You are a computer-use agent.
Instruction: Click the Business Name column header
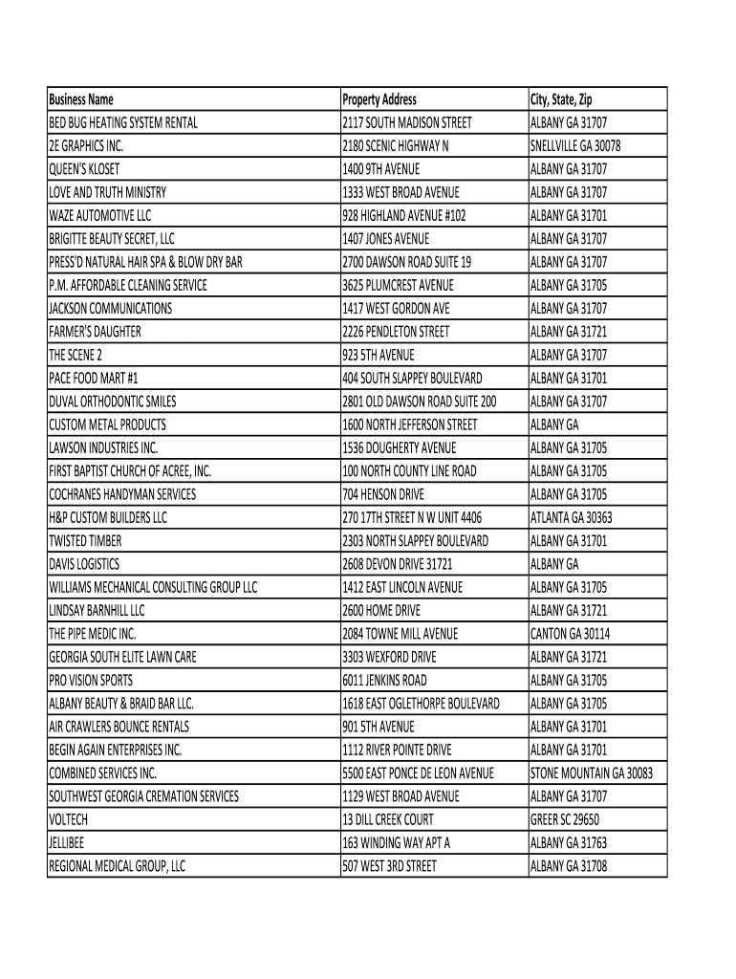point(81,99)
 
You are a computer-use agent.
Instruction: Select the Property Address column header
point(379,99)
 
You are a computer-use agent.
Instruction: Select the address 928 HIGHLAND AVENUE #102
point(404,216)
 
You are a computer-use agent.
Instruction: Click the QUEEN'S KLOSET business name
point(84,169)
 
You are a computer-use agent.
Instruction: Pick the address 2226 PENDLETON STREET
point(396,332)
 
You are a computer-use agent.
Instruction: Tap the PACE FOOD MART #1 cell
point(94,379)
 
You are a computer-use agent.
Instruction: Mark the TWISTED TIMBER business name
point(84,541)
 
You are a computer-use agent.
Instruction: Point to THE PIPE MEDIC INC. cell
point(93,634)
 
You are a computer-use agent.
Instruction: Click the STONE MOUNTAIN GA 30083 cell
point(592,773)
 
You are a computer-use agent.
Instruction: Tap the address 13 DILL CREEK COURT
point(388,819)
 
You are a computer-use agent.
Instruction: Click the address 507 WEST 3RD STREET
point(389,866)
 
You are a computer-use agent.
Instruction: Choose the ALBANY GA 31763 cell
point(569,843)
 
